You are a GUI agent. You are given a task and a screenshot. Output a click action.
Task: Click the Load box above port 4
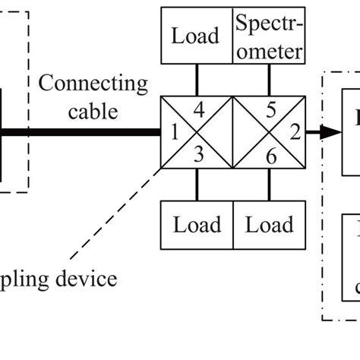(197, 36)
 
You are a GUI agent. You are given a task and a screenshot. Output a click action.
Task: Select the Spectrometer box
(269, 36)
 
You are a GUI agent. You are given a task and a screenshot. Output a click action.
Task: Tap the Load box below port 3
(197, 226)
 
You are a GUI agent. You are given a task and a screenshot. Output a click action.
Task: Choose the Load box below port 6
(269, 226)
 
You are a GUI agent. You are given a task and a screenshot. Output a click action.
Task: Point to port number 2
(293, 134)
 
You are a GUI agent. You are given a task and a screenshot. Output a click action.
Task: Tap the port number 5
(270, 111)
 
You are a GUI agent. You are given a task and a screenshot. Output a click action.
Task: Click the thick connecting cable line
(84, 132)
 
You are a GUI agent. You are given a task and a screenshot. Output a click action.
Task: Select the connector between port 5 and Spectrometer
(269, 79)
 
